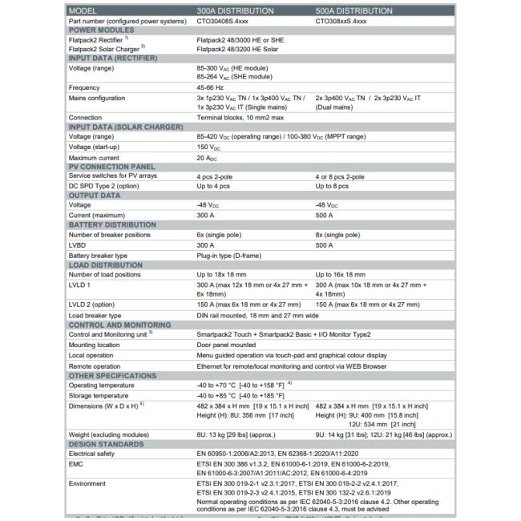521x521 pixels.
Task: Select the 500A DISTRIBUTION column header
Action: (353, 10)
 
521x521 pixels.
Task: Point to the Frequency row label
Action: (84, 87)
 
